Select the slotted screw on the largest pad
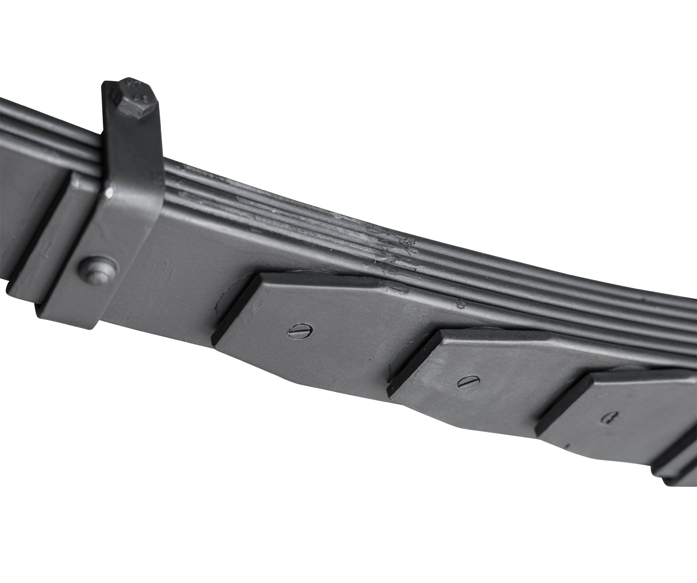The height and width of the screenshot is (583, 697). (294, 331)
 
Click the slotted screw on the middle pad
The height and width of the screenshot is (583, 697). (466, 383)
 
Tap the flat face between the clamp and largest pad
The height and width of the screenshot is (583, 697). (186, 260)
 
